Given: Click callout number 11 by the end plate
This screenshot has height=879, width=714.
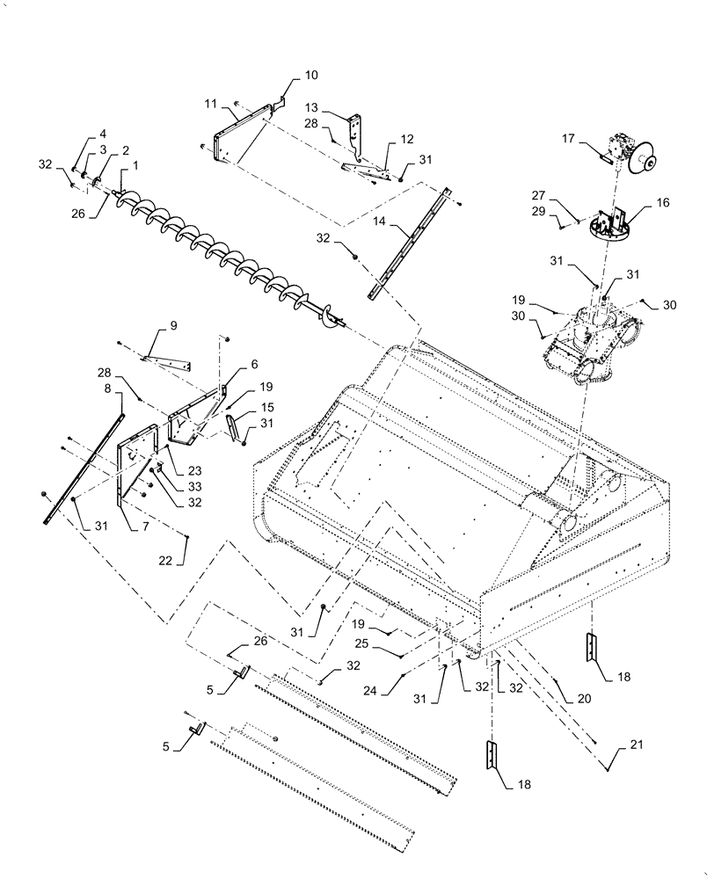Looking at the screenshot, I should (x=210, y=103).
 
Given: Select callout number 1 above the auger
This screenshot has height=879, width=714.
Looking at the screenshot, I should (x=135, y=164).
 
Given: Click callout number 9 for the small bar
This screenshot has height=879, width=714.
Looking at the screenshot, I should (x=173, y=325).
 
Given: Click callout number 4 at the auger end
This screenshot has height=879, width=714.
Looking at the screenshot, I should (x=91, y=133).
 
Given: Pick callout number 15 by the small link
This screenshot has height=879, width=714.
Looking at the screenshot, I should (x=266, y=409).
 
